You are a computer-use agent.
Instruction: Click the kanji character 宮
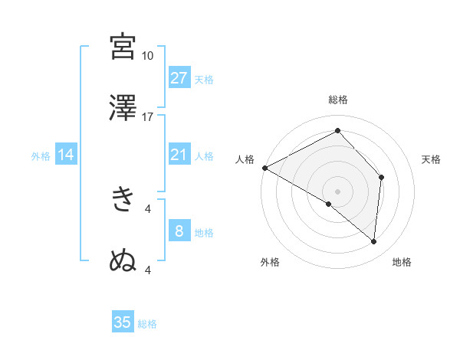point(123,47)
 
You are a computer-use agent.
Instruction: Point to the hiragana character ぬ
point(123,261)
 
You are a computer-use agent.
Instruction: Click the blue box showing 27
point(179,78)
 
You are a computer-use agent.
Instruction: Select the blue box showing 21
point(179,155)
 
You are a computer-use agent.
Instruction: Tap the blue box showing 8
point(179,232)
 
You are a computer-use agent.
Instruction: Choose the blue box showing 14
point(66,155)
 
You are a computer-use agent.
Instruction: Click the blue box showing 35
point(123,322)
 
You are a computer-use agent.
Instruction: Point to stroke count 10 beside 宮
point(148,56)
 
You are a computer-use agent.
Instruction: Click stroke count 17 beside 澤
point(148,117)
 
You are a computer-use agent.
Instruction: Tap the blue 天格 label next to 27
point(204,79)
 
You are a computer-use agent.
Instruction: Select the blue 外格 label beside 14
point(41,156)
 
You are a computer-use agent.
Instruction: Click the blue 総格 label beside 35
point(147,323)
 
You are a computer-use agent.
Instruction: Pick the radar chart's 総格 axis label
point(337,100)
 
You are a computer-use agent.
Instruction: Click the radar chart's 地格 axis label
point(402,262)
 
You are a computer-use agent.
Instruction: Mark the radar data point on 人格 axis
point(264,168)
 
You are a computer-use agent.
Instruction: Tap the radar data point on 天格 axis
point(381,178)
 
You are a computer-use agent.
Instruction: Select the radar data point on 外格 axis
point(329,204)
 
